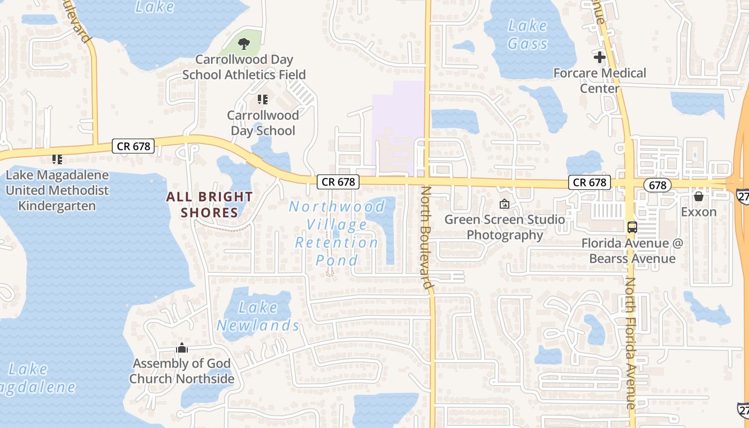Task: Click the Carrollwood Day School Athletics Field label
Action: point(244,67)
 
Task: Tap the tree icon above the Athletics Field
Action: point(244,44)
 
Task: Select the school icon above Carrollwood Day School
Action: point(262,99)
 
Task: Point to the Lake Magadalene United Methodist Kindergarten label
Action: point(57,190)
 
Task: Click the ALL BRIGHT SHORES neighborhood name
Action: point(209,204)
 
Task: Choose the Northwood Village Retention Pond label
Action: point(337,233)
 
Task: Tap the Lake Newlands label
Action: point(258,316)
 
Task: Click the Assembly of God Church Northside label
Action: point(182,371)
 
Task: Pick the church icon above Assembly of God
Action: point(182,348)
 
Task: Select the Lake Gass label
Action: point(528,34)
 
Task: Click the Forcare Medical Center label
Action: point(600,80)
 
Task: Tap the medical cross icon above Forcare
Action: point(600,57)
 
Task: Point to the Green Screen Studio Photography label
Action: point(505,227)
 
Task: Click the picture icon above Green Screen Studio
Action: point(504,204)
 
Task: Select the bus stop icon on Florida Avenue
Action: point(632,227)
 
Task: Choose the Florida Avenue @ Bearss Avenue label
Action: point(632,251)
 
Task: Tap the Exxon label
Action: point(699,212)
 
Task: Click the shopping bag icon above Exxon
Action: point(699,196)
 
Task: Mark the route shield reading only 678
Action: point(657,185)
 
